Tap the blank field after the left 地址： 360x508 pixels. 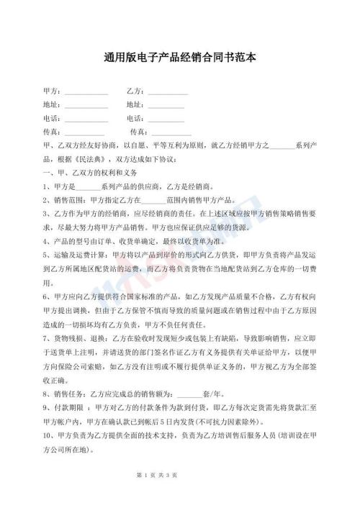(86, 106)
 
